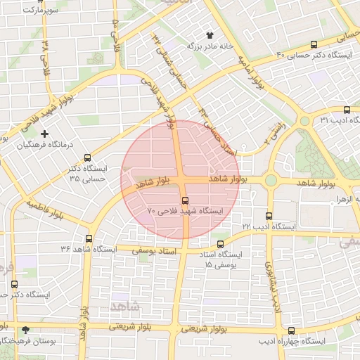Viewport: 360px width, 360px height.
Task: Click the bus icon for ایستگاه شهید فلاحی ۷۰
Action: (x=185, y=200)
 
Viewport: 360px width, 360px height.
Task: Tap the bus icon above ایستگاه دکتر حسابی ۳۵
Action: (x=87, y=157)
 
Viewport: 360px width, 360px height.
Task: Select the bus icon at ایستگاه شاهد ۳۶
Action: (x=89, y=238)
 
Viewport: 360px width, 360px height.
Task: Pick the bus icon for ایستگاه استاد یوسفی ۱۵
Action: (x=221, y=244)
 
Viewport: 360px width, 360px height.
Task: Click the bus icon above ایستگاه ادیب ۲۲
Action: (x=269, y=216)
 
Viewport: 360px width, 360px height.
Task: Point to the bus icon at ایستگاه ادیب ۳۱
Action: (x=346, y=110)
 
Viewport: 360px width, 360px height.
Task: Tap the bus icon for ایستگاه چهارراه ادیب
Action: (x=292, y=330)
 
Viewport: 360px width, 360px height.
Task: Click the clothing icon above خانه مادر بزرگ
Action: (x=209, y=34)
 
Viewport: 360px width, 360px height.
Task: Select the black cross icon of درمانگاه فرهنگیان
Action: (x=45, y=134)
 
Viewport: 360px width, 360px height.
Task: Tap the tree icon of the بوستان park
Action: (x=26, y=330)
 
